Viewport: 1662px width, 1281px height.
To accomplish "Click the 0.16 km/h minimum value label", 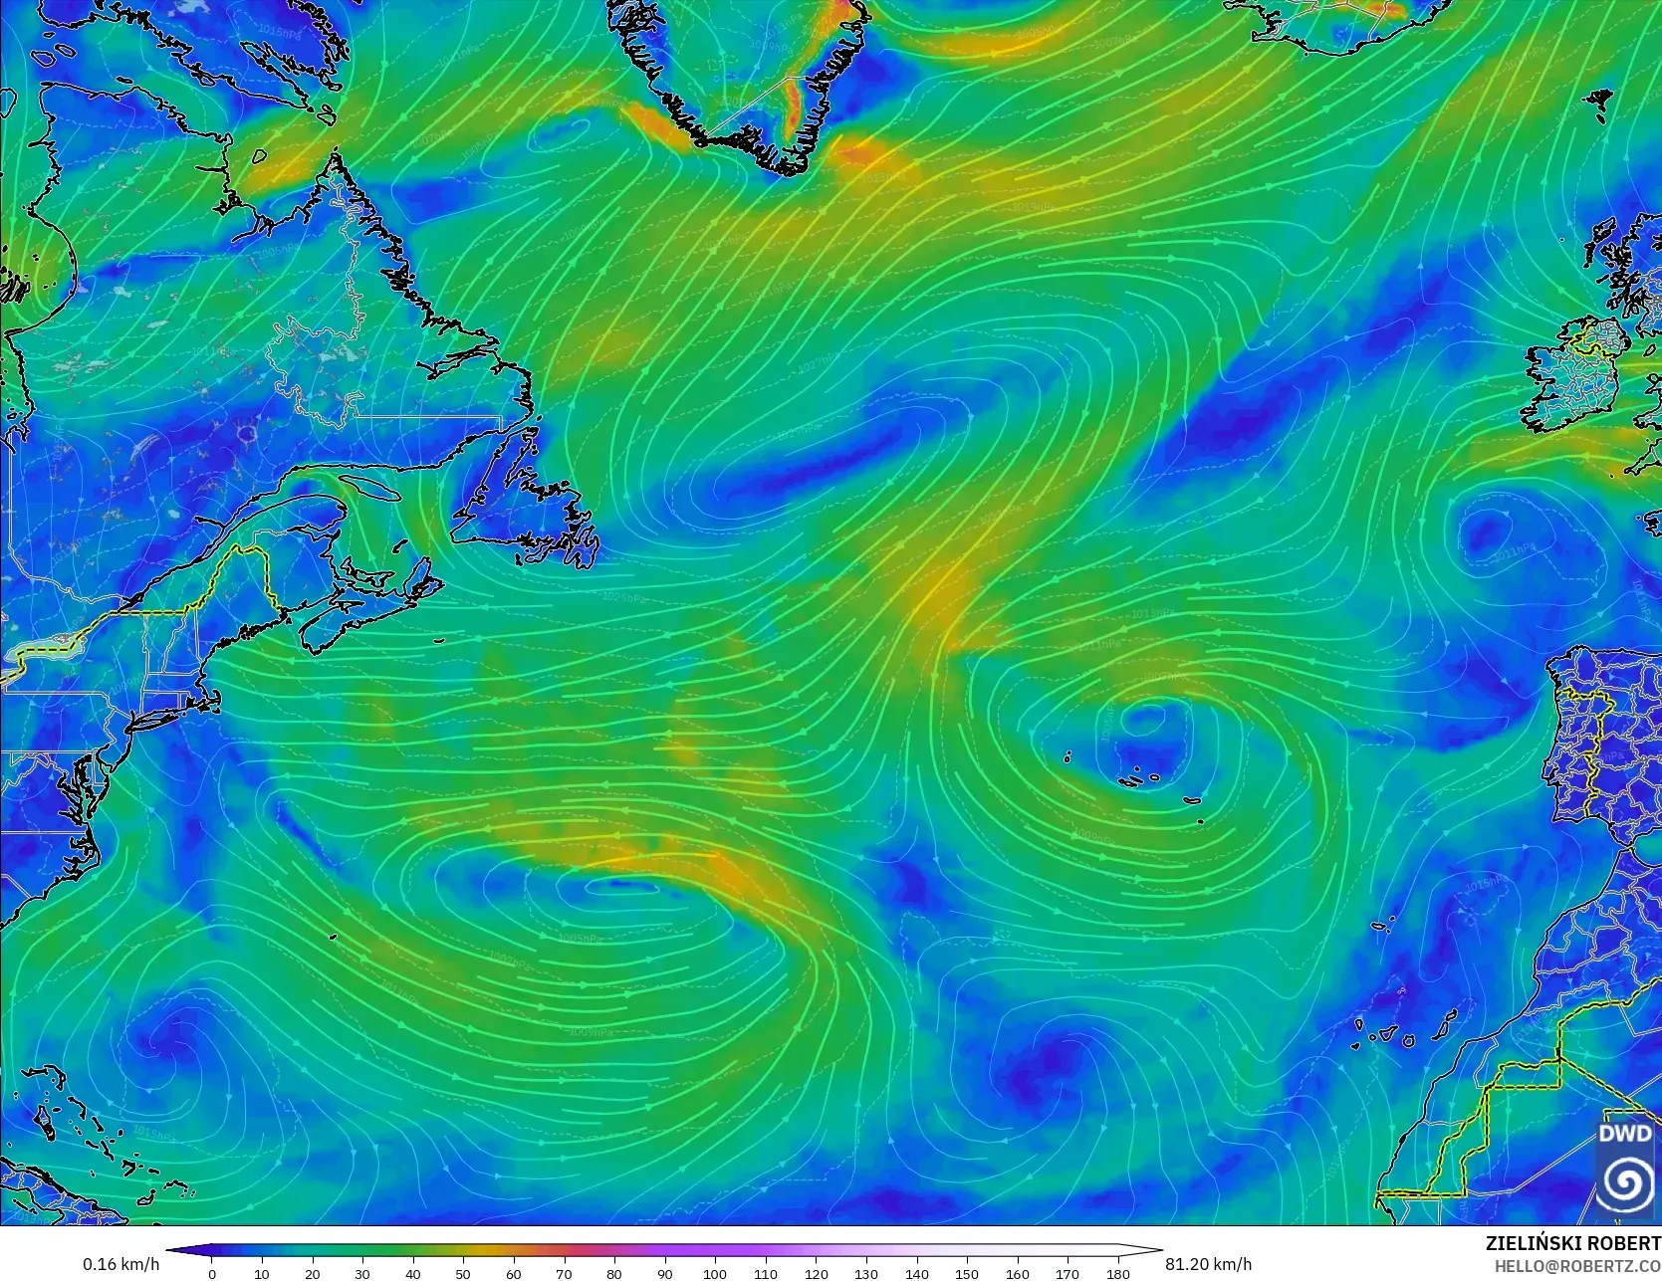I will (120, 1264).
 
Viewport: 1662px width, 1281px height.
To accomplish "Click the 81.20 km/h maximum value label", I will (1208, 1264).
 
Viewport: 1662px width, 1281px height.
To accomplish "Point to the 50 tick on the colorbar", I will (463, 1273).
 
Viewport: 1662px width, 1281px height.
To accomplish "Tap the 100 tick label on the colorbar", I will (715, 1273).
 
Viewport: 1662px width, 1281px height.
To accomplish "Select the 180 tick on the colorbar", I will (1118, 1273).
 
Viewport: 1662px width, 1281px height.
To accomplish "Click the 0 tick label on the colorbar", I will (211, 1273).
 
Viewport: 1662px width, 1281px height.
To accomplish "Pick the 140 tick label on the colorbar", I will (916, 1273).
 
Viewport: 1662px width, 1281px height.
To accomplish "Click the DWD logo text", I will (1624, 1134).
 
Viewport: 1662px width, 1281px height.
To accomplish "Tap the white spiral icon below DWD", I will (1625, 1181).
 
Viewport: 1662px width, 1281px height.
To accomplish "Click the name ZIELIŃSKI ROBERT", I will (1572, 1243).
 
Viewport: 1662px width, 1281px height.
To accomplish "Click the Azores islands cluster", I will (1135, 776).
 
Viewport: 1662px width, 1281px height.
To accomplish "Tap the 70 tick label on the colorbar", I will (564, 1273).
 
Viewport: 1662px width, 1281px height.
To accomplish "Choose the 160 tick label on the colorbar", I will (1017, 1273).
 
